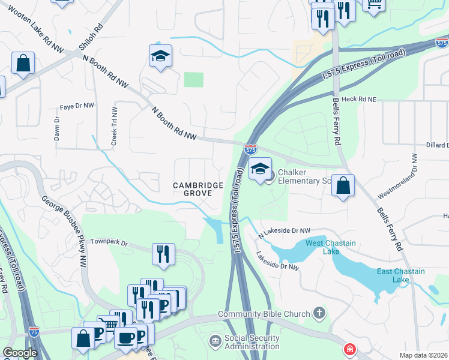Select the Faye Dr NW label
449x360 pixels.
(77, 106)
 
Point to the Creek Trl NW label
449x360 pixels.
(113, 127)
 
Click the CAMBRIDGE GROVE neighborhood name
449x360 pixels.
(198, 190)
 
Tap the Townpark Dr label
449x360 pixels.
(109, 242)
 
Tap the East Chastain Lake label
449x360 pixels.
(400, 275)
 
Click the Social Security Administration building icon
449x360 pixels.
(215, 341)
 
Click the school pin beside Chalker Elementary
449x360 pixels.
(260, 170)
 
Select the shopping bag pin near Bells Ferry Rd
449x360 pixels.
(343, 185)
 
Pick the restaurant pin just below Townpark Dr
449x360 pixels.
(163, 254)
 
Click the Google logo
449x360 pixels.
(20, 353)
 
